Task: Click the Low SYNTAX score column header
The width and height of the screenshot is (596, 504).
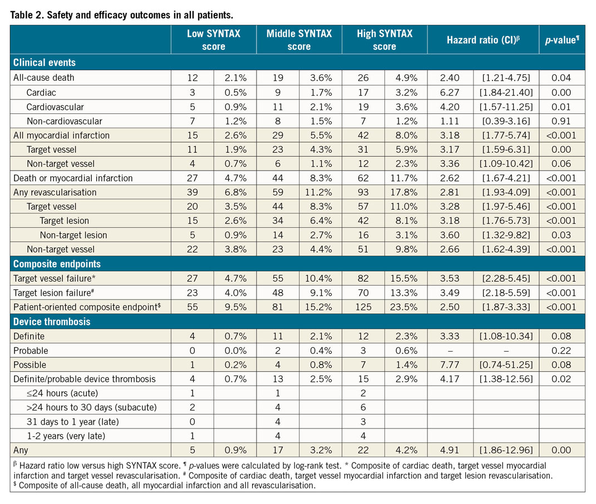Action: pyautogui.click(x=214, y=39)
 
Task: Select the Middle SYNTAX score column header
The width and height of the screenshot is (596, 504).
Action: pyautogui.click(x=299, y=39)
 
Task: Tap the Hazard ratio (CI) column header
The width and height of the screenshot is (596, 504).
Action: pyautogui.click(x=482, y=39)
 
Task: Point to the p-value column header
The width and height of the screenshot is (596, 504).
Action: pyautogui.click(x=562, y=39)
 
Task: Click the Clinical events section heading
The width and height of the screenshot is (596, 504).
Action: pyautogui.click(x=45, y=62)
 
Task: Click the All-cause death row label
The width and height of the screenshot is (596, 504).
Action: pyautogui.click(x=43, y=78)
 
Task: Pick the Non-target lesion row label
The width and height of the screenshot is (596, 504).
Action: pyautogui.click(x=73, y=234)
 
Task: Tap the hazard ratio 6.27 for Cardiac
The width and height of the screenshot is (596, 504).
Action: pyautogui.click(x=451, y=92)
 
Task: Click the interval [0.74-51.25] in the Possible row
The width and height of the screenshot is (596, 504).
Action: pyautogui.click(x=506, y=365)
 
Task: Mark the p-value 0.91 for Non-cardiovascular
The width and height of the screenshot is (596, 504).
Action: pyautogui.click(x=562, y=121)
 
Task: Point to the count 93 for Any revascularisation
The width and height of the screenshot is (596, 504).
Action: pyautogui.click(x=363, y=193)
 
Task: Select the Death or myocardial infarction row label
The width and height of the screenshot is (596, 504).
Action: pyautogui.click(x=73, y=178)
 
